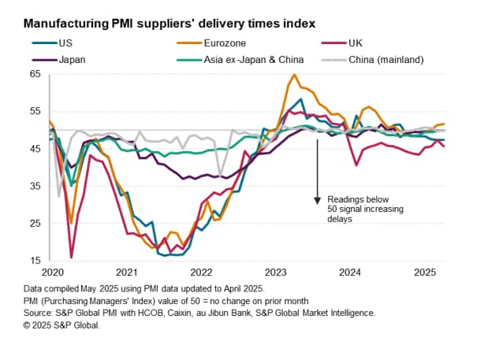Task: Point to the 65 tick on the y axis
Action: coord(34,74)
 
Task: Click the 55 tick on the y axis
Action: coord(34,111)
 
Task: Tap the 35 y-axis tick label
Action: coord(34,186)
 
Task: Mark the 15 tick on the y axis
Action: coord(34,261)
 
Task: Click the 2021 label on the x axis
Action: coord(126,273)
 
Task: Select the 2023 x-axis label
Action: coord(276,273)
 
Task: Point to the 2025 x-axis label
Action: coord(425,273)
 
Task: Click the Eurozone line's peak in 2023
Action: coord(294,75)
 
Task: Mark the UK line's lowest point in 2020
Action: coord(72,257)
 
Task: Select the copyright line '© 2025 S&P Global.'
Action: coord(51,325)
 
